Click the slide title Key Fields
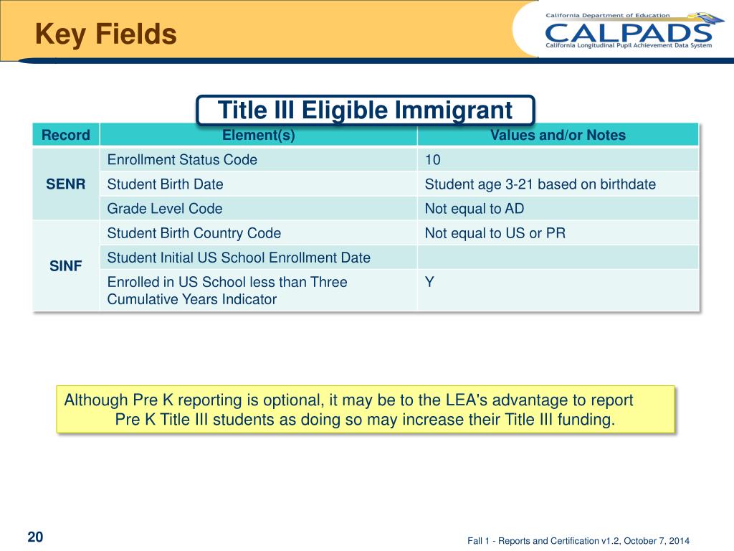coord(106,34)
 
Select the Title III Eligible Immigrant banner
coord(365,110)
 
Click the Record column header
coord(66,135)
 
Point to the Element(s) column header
coord(258,135)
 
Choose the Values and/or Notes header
coord(558,135)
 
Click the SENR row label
coord(66,184)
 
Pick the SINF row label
coord(66,266)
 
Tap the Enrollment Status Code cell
coord(182,160)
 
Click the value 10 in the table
coord(433,160)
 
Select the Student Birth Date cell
coord(165,184)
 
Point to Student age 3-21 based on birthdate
coord(540,184)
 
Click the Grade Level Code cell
coord(165,209)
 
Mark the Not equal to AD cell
coord(474,209)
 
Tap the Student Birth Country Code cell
coord(194,233)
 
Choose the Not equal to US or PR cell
coord(495,233)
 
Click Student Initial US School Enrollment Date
coord(239,257)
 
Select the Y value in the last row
coord(429,282)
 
